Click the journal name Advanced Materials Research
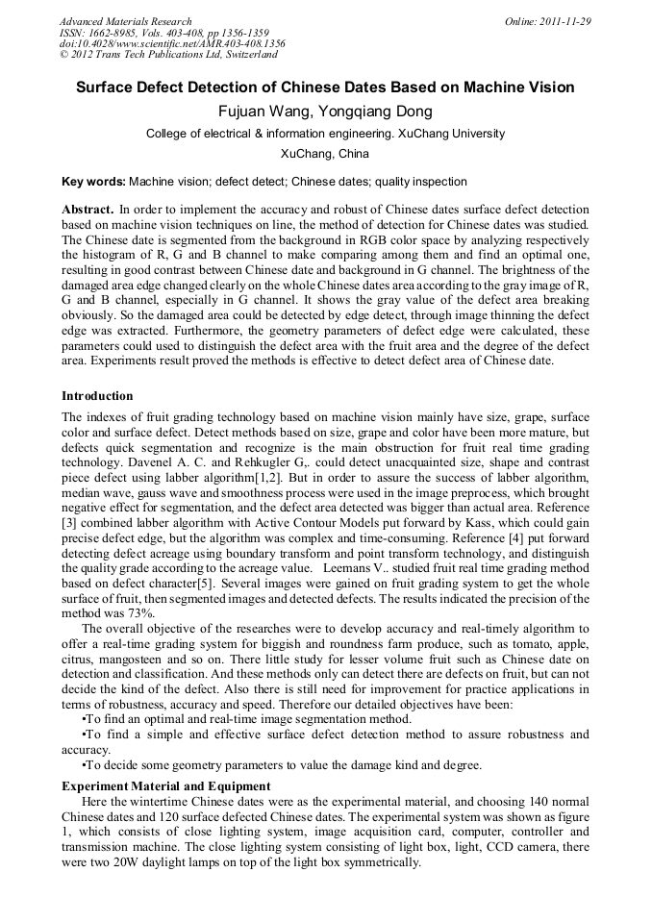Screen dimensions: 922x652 click(x=125, y=21)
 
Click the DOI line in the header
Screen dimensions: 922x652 click(x=171, y=44)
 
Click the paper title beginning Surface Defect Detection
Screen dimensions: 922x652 click(x=325, y=87)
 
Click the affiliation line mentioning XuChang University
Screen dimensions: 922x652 click(x=325, y=135)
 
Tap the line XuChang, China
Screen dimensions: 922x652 click(x=325, y=154)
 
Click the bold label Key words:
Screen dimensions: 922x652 click(x=93, y=182)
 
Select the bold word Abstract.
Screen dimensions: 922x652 click(x=88, y=209)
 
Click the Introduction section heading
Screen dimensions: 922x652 click(x=97, y=396)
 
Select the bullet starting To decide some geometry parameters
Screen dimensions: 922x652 click(x=282, y=765)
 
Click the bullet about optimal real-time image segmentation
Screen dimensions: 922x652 click(x=248, y=719)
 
